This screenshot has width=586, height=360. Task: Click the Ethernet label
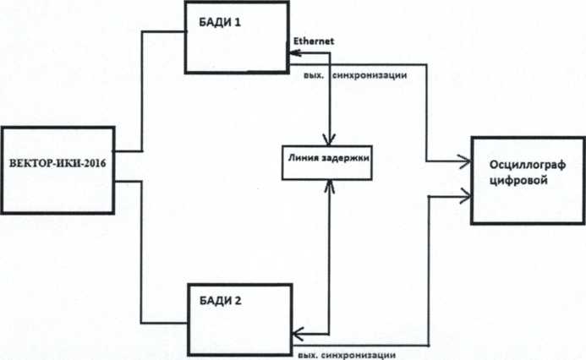pyautogui.click(x=315, y=41)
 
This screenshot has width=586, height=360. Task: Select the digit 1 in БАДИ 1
pyautogui.click(x=238, y=22)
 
